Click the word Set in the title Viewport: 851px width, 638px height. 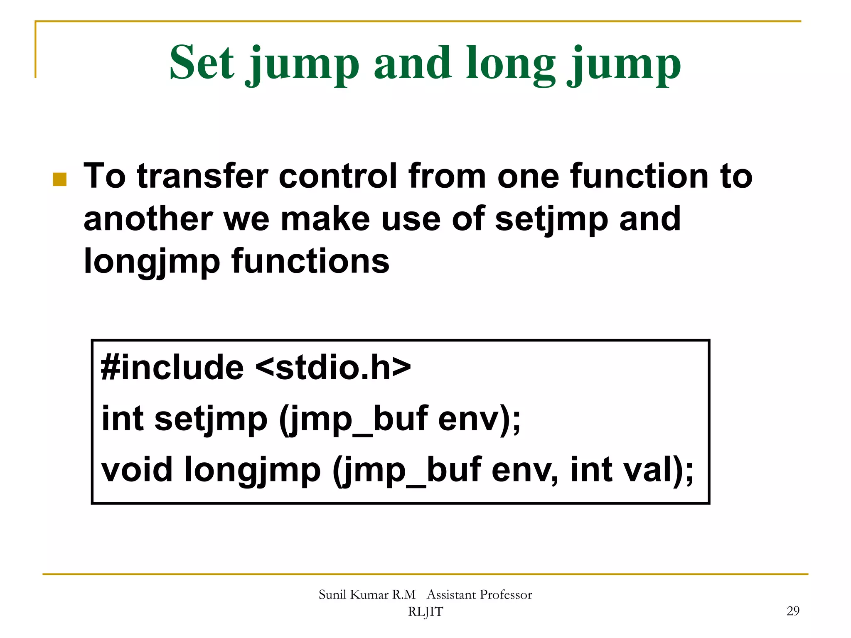click(x=202, y=63)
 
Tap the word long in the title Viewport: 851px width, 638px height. click(x=510, y=63)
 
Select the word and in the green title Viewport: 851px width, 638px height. click(x=412, y=63)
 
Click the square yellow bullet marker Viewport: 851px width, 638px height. click(x=60, y=179)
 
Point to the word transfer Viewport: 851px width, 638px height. click(x=203, y=176)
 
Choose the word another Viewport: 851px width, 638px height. click(x=148, y=219)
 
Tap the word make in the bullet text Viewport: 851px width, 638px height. click(x=325, y=219)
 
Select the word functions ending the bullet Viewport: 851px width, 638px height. click(x=310, y=262)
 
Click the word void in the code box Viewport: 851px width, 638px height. click(x=137, y=470)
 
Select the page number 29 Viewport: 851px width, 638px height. click(x=793, y=611)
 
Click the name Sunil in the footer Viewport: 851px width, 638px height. click(x=332, y=595)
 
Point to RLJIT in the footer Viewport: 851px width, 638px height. click(x=425, y=612)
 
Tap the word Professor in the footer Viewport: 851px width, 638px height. click(x=505, y=595)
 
